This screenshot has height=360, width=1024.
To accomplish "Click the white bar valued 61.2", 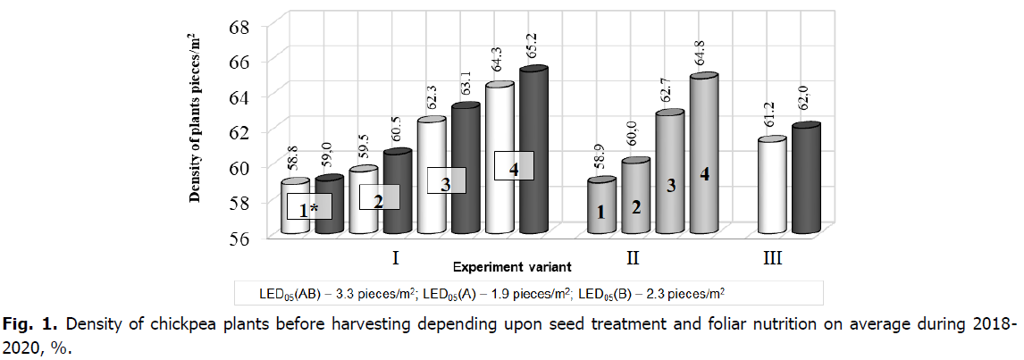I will [772, 188].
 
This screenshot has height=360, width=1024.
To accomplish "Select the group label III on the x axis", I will [773, 259].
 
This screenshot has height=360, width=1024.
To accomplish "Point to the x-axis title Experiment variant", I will [512, 266].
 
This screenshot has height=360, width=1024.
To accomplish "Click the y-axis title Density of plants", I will [194, 116].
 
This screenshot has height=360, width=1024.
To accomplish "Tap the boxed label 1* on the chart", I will [309, 209].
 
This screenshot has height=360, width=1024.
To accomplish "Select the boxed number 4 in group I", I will [514, 166].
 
